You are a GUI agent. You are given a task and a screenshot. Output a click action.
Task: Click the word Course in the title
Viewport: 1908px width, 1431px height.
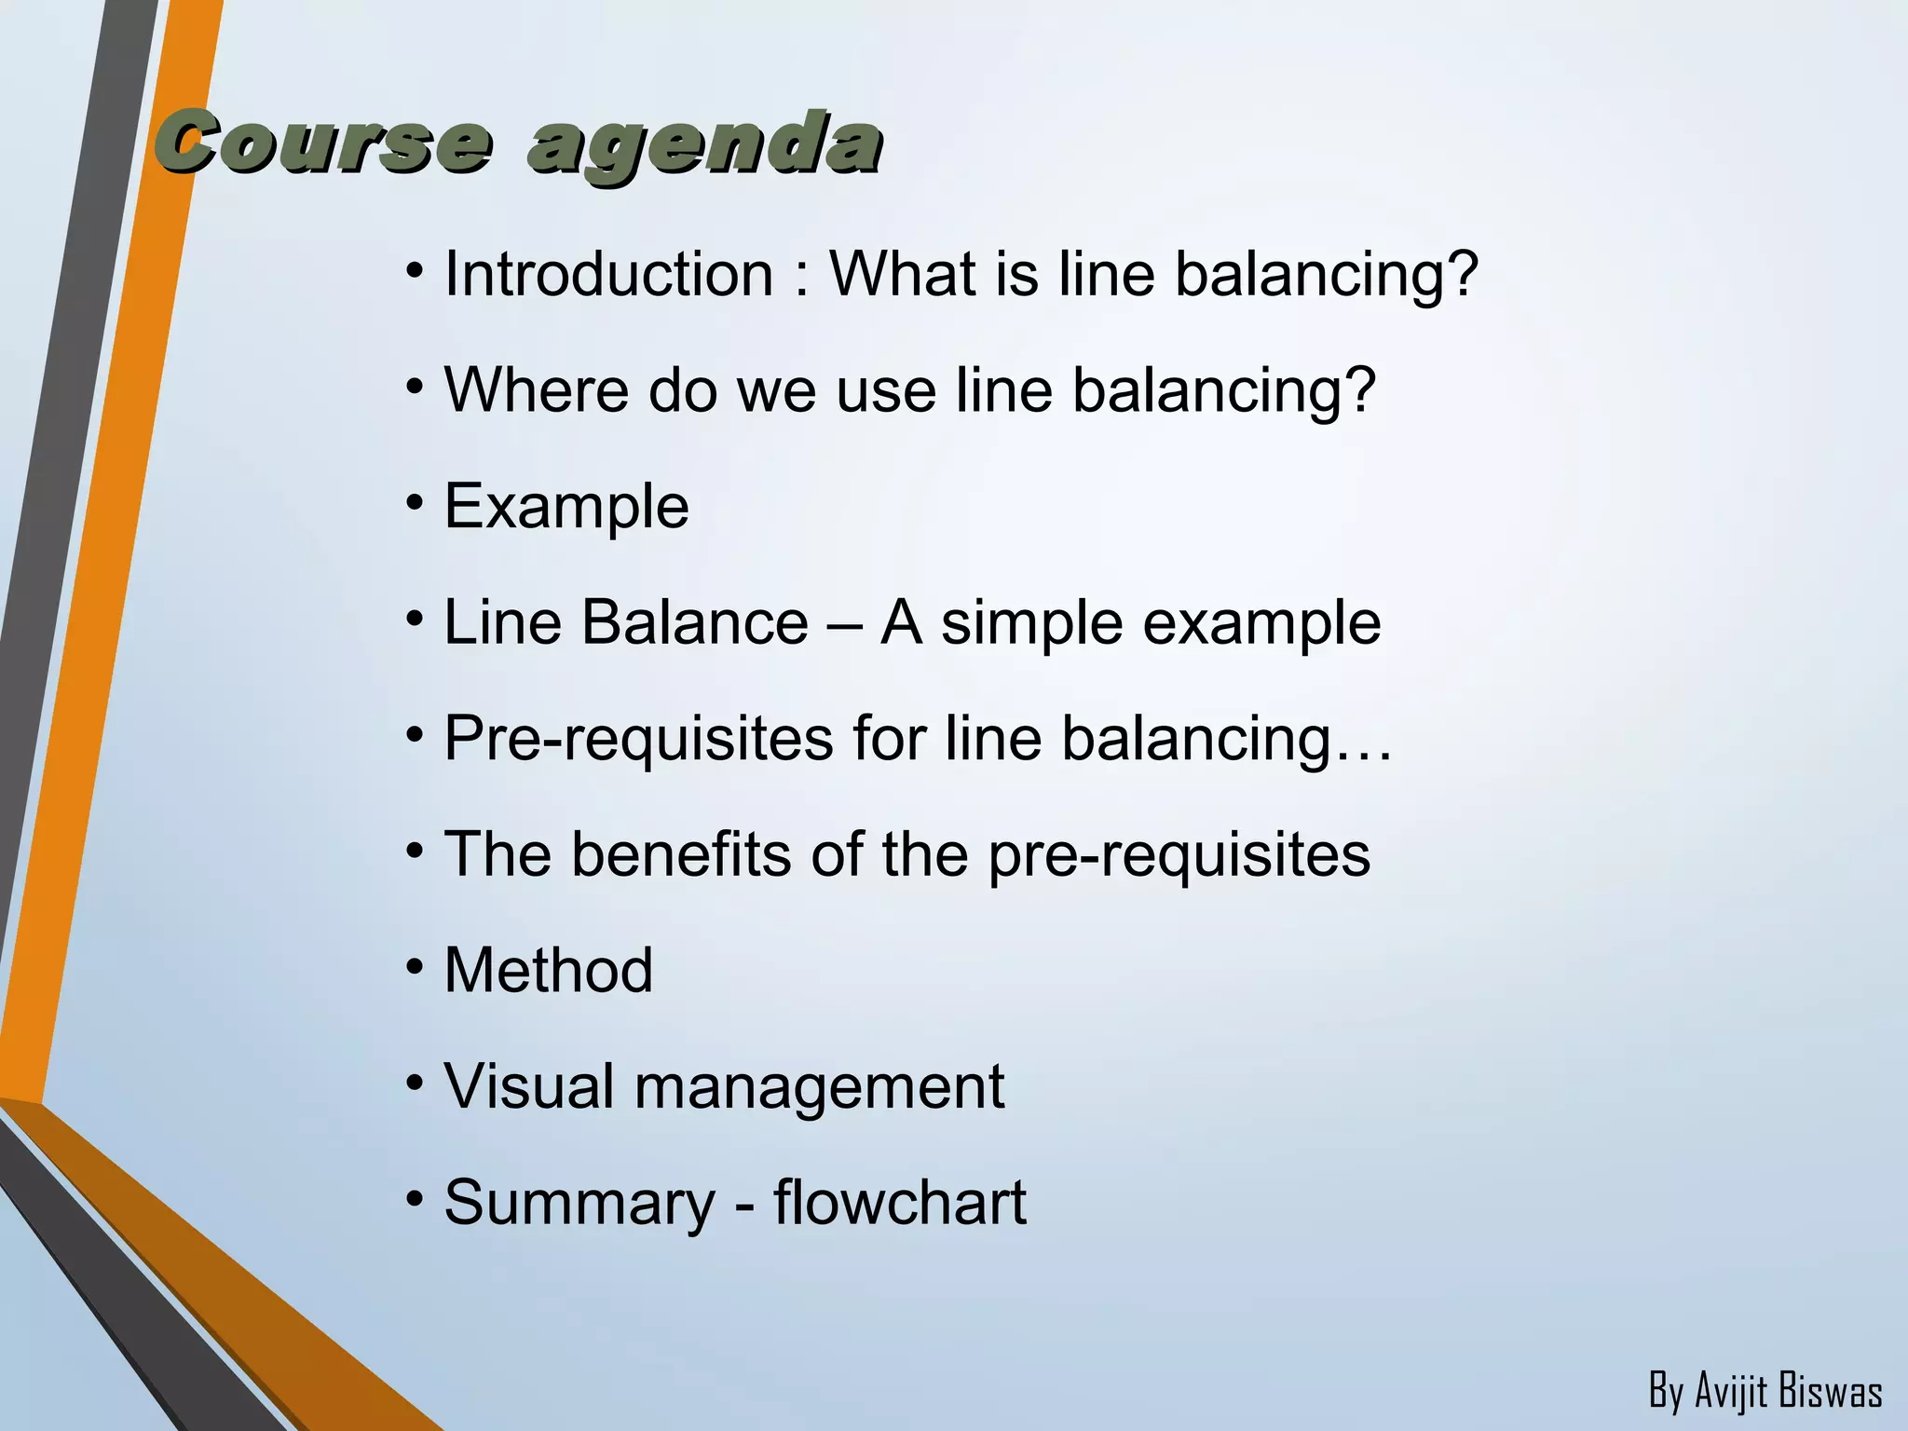pos(321,144)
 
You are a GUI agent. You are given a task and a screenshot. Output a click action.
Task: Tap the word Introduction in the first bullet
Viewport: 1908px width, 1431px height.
pos(608,275)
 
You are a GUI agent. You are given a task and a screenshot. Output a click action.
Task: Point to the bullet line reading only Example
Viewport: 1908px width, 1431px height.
pos(566,507)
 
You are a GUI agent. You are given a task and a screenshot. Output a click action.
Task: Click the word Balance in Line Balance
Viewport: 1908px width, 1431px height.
pos(694,622)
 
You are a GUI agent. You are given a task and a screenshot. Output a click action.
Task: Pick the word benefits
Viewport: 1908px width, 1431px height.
pos(681,854)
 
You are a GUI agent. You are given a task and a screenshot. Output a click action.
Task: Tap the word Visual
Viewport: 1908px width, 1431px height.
pos(529,1086)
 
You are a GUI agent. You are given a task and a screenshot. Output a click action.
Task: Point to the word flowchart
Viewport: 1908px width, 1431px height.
pos(899,1202)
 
